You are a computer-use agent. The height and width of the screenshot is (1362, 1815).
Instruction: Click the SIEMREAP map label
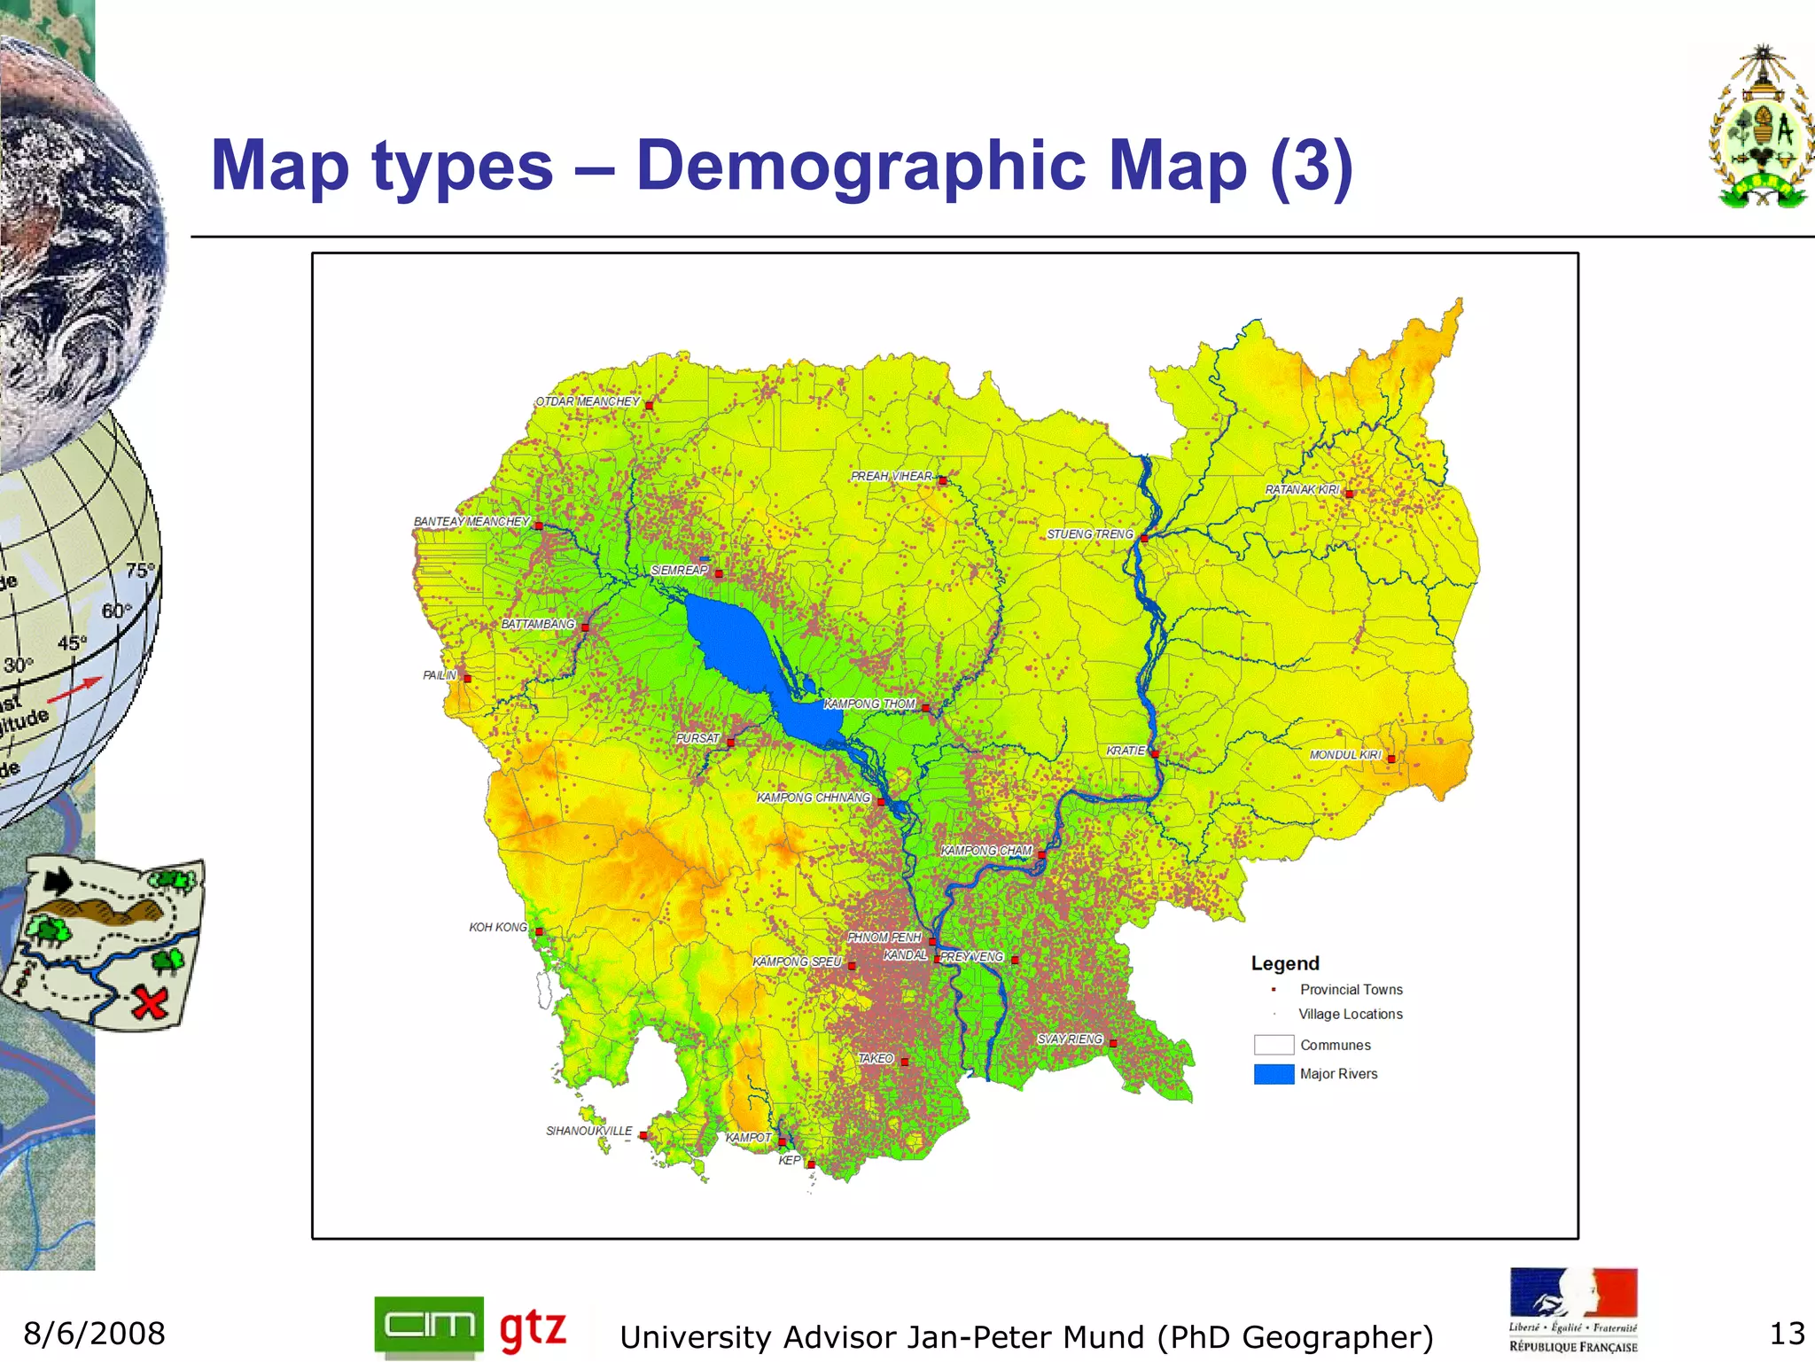(x=680, y=570)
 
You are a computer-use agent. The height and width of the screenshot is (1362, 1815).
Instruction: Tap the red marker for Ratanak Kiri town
(x=1349, y=494)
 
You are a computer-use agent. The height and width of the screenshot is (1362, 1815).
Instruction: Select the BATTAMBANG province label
(x=538, y=624)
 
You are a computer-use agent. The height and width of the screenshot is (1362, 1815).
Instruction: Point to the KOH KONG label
(x=498, y=927)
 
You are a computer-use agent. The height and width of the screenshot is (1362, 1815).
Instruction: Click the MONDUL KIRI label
(x=1345, y=755)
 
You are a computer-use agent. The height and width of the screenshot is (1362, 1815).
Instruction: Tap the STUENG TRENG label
(x=1090, y=534)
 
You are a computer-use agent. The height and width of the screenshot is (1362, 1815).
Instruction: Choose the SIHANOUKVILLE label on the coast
(x=589, y=1131)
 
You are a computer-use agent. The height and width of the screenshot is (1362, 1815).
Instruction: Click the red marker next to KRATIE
(x=1155, y=754)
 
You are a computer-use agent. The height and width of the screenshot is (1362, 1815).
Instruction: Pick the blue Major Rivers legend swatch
(x=1274, y=1074)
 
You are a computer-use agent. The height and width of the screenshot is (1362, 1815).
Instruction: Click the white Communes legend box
(x=1274, y=1045)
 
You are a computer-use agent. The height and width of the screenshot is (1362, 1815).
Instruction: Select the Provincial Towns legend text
(x=1352, y=990)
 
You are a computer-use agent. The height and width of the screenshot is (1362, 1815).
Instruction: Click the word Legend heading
(x=1285, y=963)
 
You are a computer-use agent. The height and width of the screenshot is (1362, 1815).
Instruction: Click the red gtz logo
(x=533, y=1328)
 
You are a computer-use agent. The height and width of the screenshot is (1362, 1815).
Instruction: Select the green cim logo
(x=429, y=1326)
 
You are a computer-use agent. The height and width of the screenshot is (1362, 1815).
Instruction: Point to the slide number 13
(x=1787, y=1334)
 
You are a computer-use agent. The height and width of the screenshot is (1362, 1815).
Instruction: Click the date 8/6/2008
(x=95, y=1334)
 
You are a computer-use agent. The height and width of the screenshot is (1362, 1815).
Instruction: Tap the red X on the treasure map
(x=151, y=1003)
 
